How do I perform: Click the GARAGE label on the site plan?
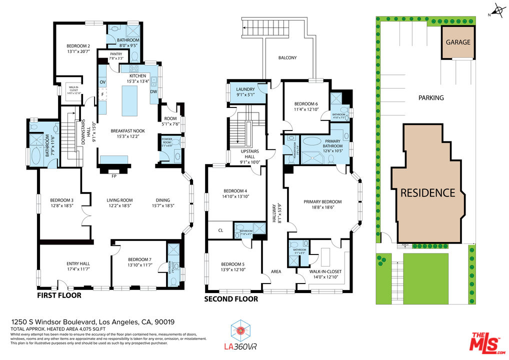click(458, 42)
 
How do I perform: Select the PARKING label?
click(431, 98)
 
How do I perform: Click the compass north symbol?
click(498, 10)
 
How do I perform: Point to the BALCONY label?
click(287, 57)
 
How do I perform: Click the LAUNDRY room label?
click(245, 89)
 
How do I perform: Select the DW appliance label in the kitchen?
click(153, 91)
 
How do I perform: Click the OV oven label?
click(102, 81)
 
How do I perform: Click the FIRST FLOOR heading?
click(59, 295)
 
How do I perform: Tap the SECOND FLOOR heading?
click(231, 299)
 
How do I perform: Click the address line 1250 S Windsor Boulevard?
click(92, 322)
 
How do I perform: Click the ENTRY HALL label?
click(78, 263)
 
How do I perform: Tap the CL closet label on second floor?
click(220, 230)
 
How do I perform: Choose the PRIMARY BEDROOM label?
click(322, 202)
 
